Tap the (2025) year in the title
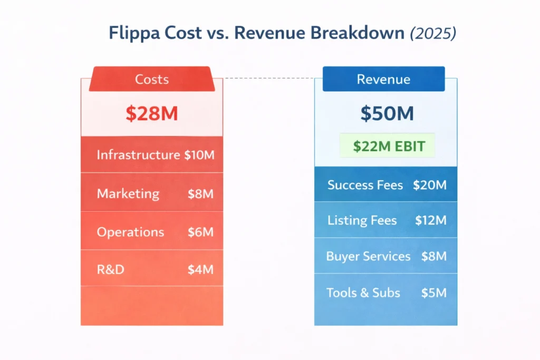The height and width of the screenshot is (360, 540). pyautogui.click(x=433, y=33)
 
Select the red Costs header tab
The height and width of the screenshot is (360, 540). pyautogui.click(x=152, y=80)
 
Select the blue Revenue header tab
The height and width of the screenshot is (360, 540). pyautogui.click(x=383, y=80)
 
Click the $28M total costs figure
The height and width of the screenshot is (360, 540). pyautogui.click(x=152, y=114)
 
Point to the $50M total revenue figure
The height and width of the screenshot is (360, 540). pyautogui.click(x=387, y=114)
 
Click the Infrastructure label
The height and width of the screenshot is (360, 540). pyautogui.click(x=138, y=155)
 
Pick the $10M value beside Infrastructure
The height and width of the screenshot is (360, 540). pyautogui.click(x=199, y=155)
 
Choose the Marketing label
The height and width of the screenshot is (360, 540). pyautogui.click(x=128, y=193)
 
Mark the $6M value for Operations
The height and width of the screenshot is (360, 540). pyautogui.click(x=200, y=232)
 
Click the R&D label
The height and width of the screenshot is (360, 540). pyautogui.click(x=111, y=270)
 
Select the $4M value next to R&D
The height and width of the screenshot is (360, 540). pyautogui.click(x=200, y=270)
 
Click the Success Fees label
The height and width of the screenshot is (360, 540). pyautogui.click(x=365, y=185)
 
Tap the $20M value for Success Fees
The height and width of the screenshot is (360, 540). pyautogui.click(x=430, y=185)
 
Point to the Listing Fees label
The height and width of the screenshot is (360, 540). pyautogui.click(x=362, y=220)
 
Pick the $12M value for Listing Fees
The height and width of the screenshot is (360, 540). pyautogui.click(x=430, y=220)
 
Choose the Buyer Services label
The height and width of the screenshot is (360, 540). pyautogui.click(x=368, y=257)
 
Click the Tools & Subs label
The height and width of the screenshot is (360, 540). pyautogui.click(x=363, y=293)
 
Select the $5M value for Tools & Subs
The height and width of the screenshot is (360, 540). pyautogui.click(x=433, y=293)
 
